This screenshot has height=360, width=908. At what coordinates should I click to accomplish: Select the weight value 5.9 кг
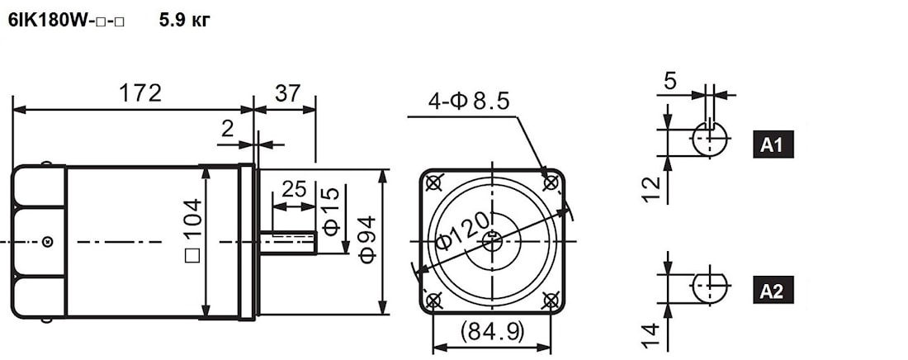pyautogui.click(x=185, y=21)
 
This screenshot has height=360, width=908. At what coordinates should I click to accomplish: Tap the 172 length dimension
pyautogui.click(x=140, y=92)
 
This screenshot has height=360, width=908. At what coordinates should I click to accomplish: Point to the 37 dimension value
pyautogui.click(x=288, y=92)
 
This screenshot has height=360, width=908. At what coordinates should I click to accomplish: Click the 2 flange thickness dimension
pyautogui.click(x=228, y=129)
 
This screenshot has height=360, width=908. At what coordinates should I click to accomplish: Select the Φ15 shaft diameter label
pyautogui.click(x=331, y=211)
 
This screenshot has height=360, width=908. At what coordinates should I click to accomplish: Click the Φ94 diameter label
pyautogui.click(x=367, y=239)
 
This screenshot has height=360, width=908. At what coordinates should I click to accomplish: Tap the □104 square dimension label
pyautogui.click(x=193, y=230)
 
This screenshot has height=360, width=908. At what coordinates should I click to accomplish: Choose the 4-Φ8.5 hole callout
pyautogui.click(x=469, y=102)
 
